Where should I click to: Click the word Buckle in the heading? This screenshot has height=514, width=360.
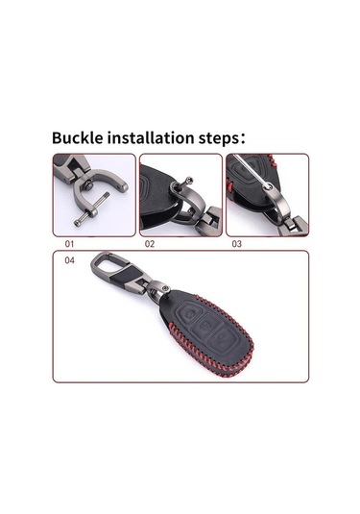click(78, 138)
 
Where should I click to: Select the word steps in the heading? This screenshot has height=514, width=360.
click(219, 139)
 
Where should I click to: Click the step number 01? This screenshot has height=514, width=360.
click(69, 244)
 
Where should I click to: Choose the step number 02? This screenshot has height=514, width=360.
click(150, 244)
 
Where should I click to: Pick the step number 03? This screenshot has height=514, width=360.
click(236, 244)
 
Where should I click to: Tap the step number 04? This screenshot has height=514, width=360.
click(69, 260)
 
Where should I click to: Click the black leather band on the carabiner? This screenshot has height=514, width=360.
click(123, 277)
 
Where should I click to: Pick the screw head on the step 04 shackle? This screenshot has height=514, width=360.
click(166, 288)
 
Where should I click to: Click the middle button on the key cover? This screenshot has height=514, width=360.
click(205, 327)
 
